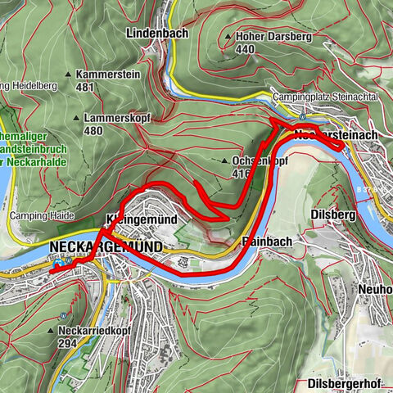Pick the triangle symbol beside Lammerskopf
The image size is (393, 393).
coord(78,118)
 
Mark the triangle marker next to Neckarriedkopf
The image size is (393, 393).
coord(52,332)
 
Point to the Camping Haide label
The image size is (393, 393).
coord(42,216)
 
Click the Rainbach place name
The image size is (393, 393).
coord(263,242)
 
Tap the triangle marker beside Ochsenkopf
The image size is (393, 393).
coord(226,162)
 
